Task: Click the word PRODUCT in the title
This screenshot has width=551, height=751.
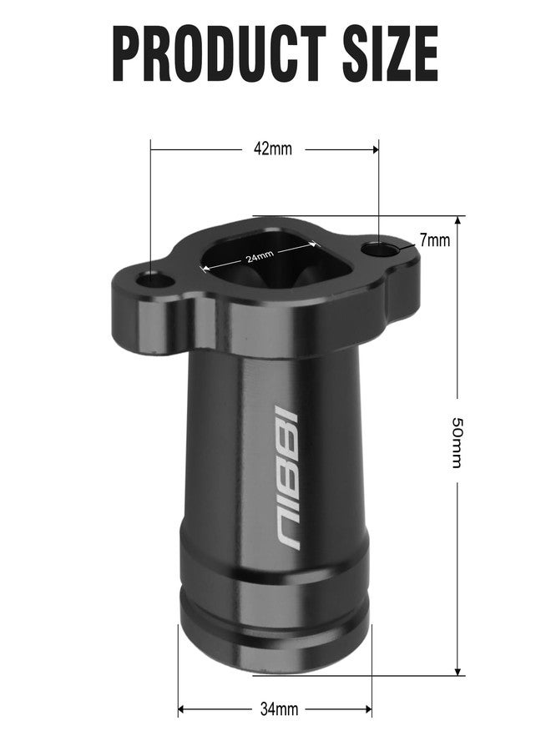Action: click(219, 53)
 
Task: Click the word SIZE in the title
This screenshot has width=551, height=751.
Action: click(391, 53)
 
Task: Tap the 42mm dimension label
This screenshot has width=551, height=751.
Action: click(273, 149)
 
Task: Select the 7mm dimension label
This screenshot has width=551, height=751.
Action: click(435, 240)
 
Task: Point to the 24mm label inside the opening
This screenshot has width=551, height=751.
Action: click(260, 257)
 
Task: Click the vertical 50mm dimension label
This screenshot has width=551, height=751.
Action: click(457, 442)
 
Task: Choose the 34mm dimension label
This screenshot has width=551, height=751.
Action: click(280, 708)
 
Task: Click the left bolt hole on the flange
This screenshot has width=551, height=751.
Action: click(154, 280)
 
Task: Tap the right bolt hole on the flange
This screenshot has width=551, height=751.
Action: click(379, 249)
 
